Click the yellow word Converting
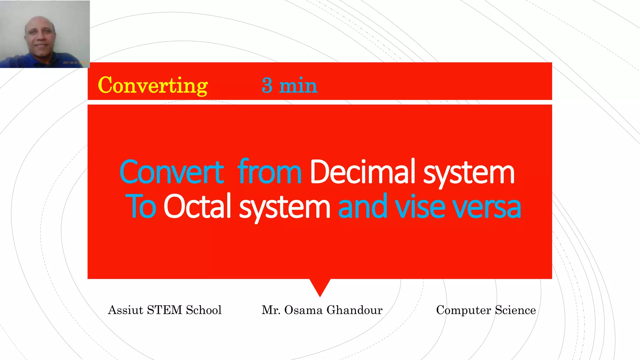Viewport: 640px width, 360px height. pos(152,86)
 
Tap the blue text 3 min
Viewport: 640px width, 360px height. pos(289,86)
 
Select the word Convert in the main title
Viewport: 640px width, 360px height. pos(172,172)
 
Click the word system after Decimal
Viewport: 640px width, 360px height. pos(469,173)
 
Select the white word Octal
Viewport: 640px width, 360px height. pos(197,206)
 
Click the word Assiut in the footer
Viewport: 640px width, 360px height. pos(125,310)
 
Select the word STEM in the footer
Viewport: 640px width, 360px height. pos(164,310)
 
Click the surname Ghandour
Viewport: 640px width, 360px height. pos(354,310)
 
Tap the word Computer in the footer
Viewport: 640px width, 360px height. pos(463,310)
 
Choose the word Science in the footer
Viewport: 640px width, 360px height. pos(515,310)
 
